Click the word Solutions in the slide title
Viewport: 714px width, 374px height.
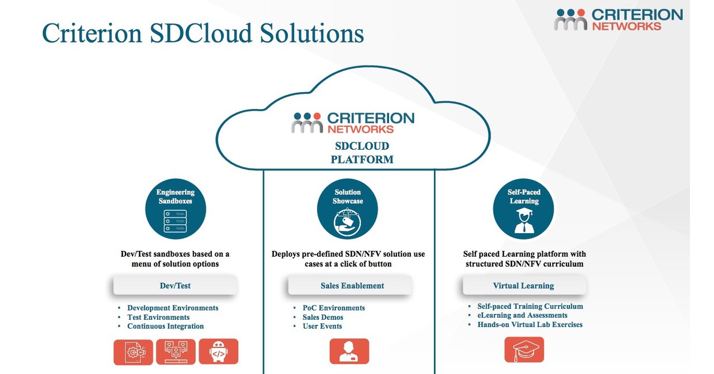tap(311, 33)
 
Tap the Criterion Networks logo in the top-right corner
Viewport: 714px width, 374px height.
tap(618, 20)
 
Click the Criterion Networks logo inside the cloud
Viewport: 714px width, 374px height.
tap(353, 122)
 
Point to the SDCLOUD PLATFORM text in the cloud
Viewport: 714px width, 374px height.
tap(362, 153)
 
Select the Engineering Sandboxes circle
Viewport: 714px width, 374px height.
tap(176, 209)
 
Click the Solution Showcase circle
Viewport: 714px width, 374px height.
tap(348, 209)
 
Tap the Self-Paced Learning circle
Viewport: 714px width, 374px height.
tap(523, 209)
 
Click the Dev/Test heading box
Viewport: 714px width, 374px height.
tap(175, 286)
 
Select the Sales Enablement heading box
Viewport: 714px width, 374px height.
tap(352, 286)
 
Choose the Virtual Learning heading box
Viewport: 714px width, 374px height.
tap(523, 286)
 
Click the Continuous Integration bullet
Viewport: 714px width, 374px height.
tap(165, 326)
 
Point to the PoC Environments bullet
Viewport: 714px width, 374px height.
tap(333, 308)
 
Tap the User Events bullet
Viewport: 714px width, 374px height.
tap(322, 326)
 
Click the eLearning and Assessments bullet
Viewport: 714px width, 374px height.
tap(522, 315)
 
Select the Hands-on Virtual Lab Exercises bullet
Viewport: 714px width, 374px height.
tap(529, 325)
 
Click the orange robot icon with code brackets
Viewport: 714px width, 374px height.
tap(218, 352)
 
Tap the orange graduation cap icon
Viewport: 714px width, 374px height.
tap(524, 350)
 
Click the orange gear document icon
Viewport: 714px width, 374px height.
tap(133, 352)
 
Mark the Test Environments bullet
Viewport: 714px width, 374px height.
tap(158, 318)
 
